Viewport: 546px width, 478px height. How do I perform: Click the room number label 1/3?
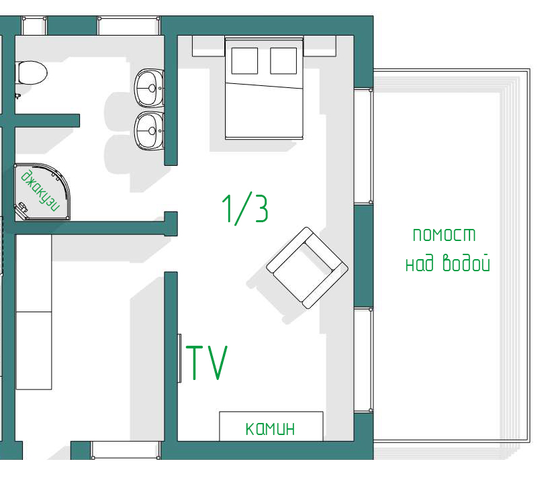click(x=245, y=209)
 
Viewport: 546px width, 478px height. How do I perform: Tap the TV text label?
click(x=207, y=363)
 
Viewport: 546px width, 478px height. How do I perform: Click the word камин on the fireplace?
click(x=270, y=428)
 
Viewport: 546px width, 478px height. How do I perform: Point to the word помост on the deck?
click(x=444, y=235)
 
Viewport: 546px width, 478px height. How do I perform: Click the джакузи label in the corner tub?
click(x=40, y=191)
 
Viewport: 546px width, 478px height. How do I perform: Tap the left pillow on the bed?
click(x=244, y=61)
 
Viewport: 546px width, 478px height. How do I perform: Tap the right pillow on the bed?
click(x=283, y=61)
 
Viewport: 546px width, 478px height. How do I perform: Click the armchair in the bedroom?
click(x=307, y=268)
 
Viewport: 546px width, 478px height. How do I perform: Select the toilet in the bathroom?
click(x=32, y=73)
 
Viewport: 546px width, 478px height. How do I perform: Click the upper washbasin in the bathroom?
click(x=149, y=88)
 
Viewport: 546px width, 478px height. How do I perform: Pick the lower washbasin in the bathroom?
click(x=149, y=131)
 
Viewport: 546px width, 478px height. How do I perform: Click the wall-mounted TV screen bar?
click(x=180, y=358)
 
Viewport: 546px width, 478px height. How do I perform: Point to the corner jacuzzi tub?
click(x=42, y=192)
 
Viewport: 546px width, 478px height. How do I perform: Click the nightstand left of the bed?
click(x=209, y=46)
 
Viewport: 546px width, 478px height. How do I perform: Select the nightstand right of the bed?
click(x=320, y=46)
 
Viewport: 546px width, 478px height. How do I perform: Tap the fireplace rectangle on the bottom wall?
click(x=271, y=426)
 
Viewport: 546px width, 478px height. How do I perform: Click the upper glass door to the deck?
click(x=363, y=146)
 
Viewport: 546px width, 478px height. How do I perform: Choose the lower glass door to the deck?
click(x=363, y=360)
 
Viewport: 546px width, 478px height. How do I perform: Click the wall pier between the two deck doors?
click(x=363, y=256)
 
